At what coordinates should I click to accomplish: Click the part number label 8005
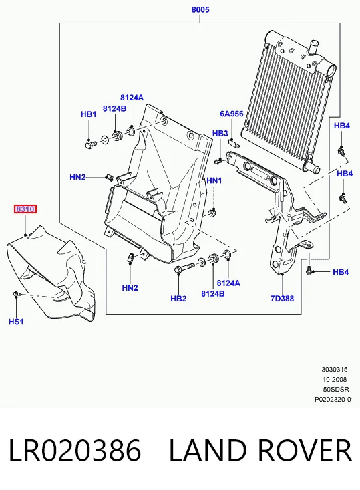[x=200, y=9]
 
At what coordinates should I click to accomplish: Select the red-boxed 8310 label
[x=25, y=209]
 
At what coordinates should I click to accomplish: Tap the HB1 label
[x=88, y=114]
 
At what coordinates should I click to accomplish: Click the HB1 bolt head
[x=89, y=144]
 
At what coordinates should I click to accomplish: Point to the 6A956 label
[x=232, y=114]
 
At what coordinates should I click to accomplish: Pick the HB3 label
[x=220, y=134]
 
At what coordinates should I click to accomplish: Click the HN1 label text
[x=214, y=180]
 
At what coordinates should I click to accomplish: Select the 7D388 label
[x=282, y=299]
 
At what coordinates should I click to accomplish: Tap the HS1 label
[x=16, y=322]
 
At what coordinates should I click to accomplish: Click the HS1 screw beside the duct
[x=17, y=293]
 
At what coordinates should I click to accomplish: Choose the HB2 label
[x=178, y=299]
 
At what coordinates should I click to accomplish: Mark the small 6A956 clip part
[x=233, y=143]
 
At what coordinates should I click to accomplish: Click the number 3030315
[x=335, y=370]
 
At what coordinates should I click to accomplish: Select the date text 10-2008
[x=335, y=380]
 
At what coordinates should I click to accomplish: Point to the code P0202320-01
[x=334, y=399]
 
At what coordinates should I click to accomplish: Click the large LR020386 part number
[x=75, y=450]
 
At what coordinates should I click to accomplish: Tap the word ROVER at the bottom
[x=305, y=450]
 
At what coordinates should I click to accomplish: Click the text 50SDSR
[x=336, y=389]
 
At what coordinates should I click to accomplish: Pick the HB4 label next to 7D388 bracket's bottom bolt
[x=341, y=272]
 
